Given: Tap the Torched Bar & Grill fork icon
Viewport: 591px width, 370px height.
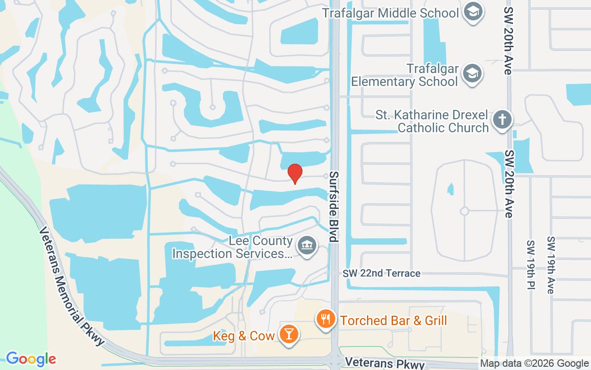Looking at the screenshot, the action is [x=326, y=319].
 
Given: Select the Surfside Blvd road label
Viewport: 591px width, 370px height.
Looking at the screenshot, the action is [x=334, y=207].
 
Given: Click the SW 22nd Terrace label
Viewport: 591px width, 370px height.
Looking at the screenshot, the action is [x=381, y=273].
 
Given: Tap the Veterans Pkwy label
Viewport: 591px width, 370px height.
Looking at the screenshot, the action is [x=385, y=363].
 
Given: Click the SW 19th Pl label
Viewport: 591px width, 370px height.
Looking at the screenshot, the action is [x=531, y=265].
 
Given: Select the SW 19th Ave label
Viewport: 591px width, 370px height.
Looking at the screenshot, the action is [x=550, y=265].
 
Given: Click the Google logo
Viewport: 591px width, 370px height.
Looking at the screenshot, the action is [x=31, y=359].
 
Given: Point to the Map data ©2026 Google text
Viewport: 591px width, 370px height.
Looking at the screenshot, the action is [x=534, y=364].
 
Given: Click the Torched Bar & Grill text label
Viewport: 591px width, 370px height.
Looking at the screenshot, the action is [x=393, y=320].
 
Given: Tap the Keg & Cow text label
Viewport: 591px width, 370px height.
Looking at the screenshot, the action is [x=244, y=336].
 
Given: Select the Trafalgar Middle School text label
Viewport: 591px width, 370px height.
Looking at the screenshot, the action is [x=390, y=12].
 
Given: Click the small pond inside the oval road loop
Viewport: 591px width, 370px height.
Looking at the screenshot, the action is [x=450, y=189].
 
